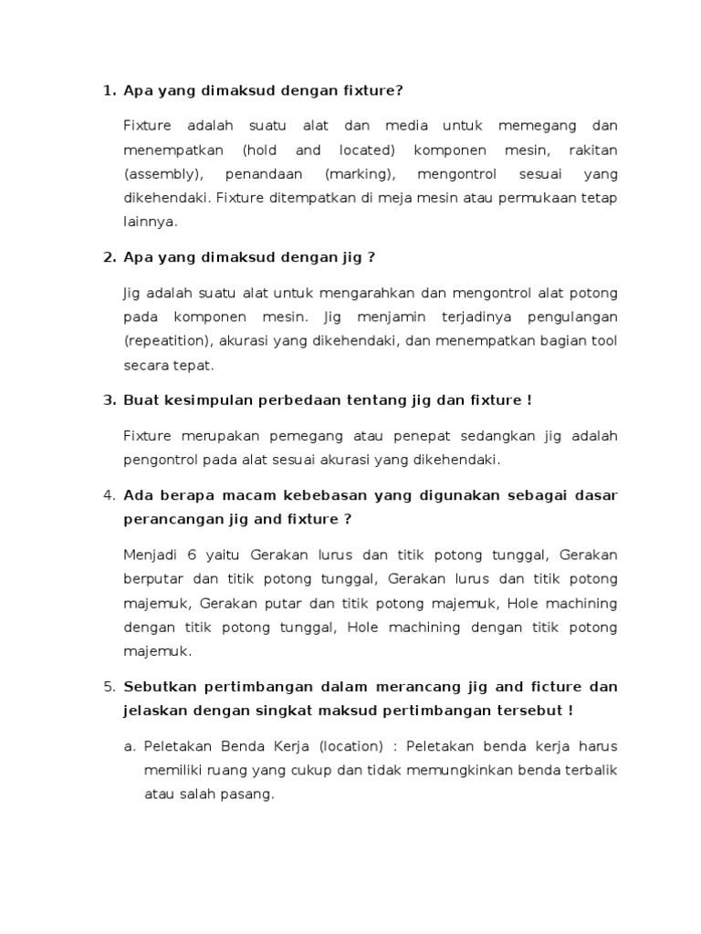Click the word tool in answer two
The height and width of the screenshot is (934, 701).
click(603, 340)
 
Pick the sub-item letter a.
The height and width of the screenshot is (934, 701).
click(129, 746)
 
